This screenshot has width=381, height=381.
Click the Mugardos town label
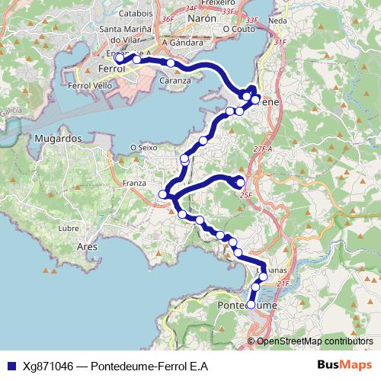[x=58, y=139]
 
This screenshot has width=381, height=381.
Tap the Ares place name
[x=87, y=247]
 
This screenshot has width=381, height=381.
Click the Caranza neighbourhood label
[x=176, y=79]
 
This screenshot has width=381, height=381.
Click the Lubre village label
[x=69, y=228]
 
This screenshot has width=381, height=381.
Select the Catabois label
[x=136, y=13]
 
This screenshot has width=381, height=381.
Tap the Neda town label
[x=278, y=21]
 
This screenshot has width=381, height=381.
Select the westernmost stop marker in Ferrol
[x=120, y=58]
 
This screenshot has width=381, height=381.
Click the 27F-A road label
[x=262, y=149]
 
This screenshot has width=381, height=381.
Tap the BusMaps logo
[x=343, y=366]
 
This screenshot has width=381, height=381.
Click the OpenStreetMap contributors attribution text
[x=315, y=341]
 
